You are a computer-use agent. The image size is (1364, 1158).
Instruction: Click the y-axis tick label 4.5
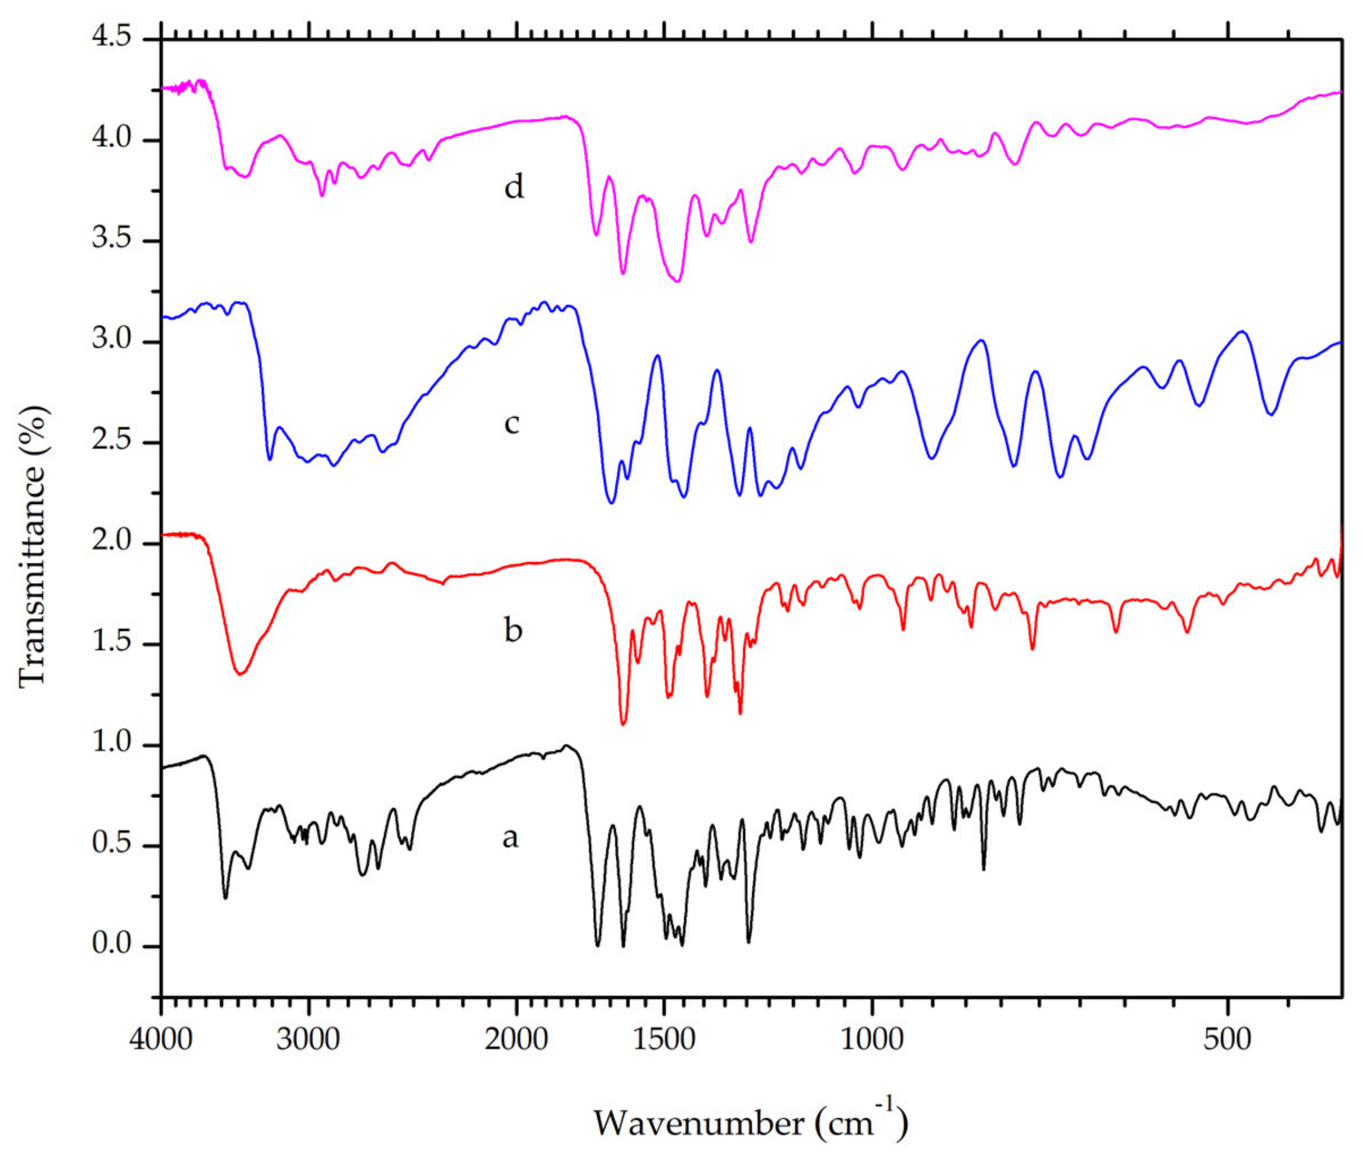coord(111,37)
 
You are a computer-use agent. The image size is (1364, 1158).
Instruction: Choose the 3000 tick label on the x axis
coord(307,1038)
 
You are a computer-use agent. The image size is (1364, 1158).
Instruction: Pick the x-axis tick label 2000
coord(516,1038)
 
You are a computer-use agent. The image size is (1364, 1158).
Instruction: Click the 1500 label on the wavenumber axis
coord(664,1038)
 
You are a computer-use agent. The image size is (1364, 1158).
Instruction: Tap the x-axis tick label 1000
coord(872,1038)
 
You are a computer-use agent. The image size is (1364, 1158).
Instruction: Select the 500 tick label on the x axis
coord(1227,1038)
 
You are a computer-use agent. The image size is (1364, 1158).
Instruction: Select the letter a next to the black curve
coord(510,836)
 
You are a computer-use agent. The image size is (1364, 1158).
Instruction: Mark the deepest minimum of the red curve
coord(622,723)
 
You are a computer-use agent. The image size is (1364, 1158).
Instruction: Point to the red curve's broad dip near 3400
coord(241,673)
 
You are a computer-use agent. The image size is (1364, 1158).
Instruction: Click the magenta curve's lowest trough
coord(678,281)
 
